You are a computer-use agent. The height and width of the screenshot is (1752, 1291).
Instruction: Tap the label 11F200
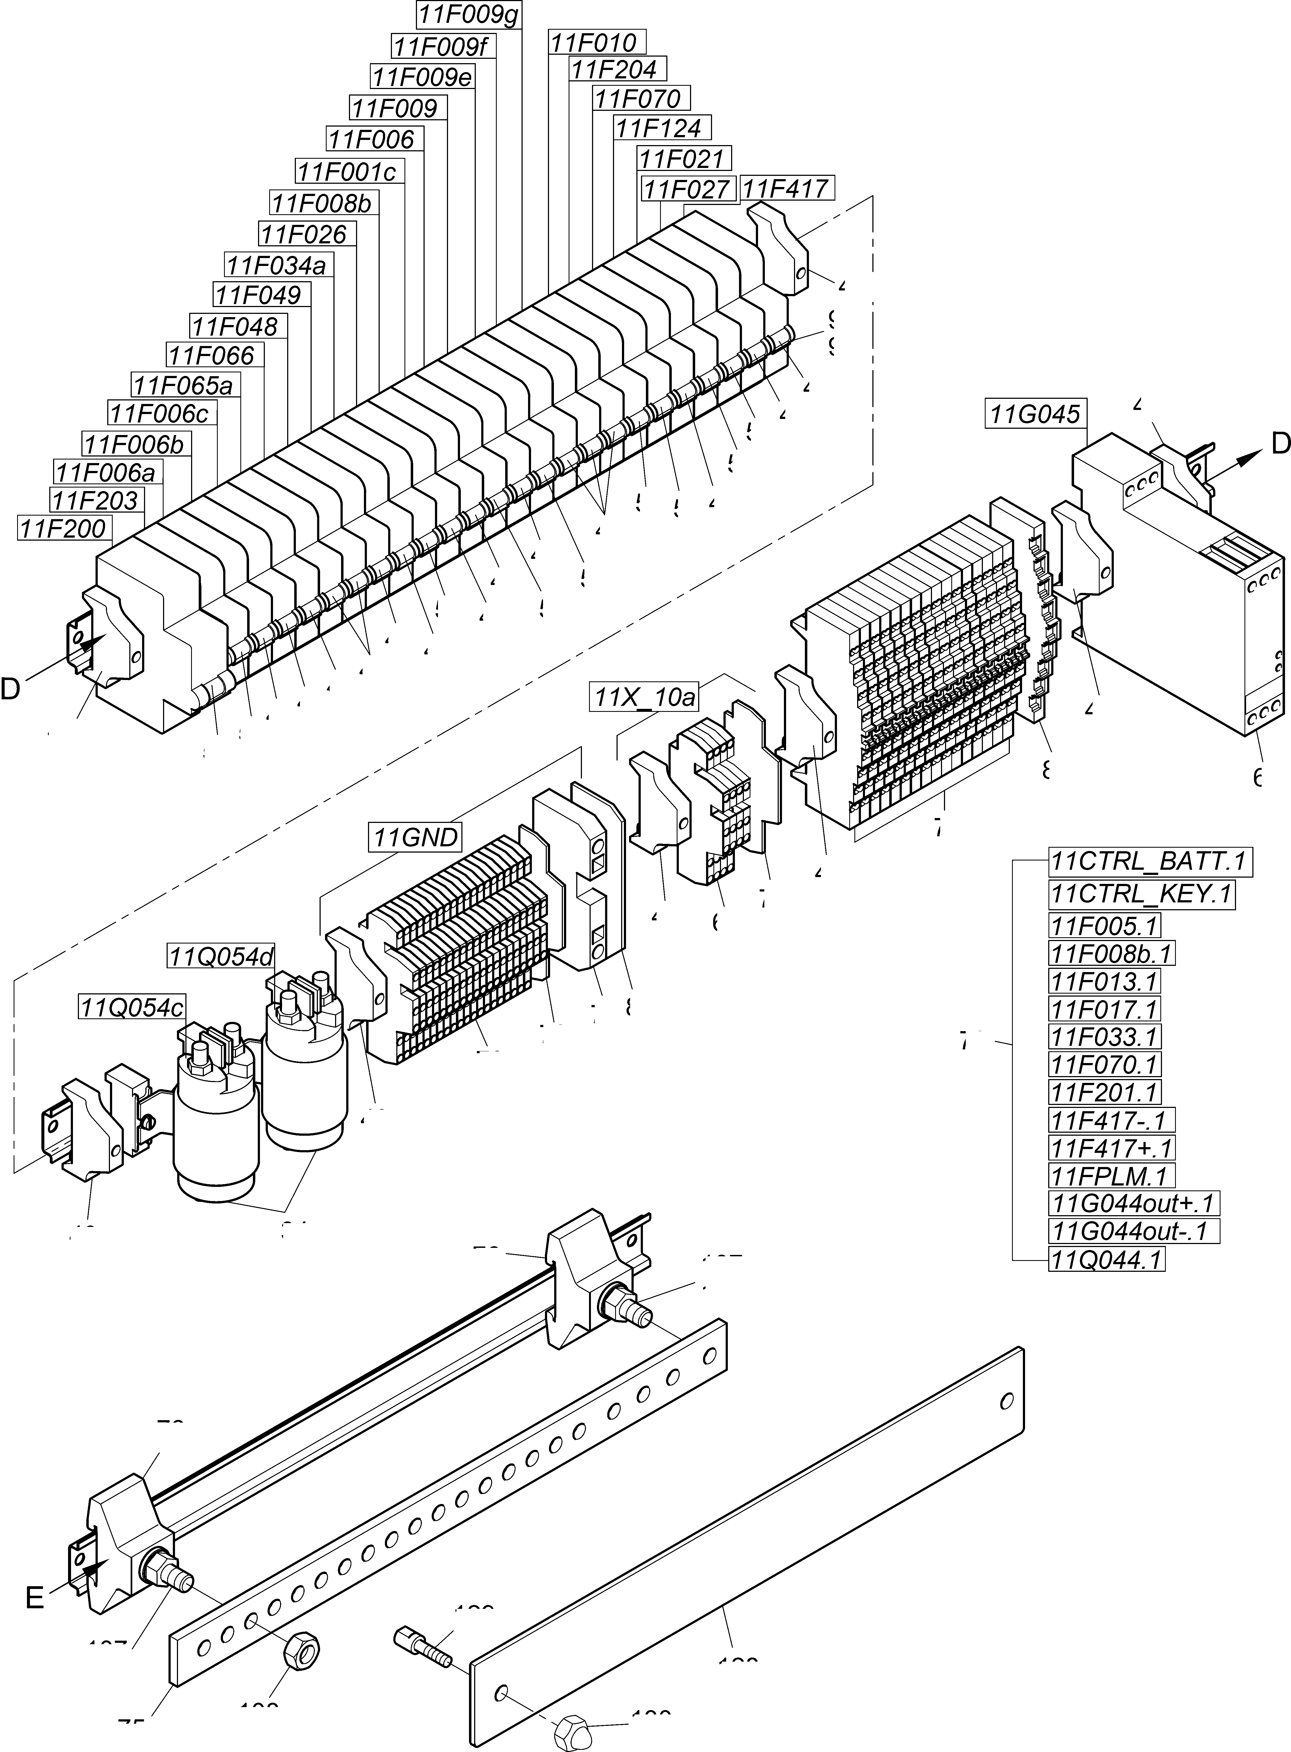pos(63,529)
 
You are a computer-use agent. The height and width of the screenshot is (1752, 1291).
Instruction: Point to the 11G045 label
pos(1035,414)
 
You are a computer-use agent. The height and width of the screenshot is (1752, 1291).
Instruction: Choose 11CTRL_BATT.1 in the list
pos(1149,862)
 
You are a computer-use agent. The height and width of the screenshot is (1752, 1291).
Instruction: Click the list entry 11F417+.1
pos(1111,1148)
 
